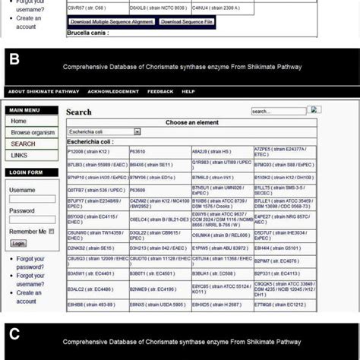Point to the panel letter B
14,58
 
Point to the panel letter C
14,334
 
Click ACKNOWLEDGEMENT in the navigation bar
113,91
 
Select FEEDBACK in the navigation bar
159,91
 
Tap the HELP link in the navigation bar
188,91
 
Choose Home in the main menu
19,122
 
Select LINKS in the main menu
21,155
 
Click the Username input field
31,200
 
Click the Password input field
31,220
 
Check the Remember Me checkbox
52,231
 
